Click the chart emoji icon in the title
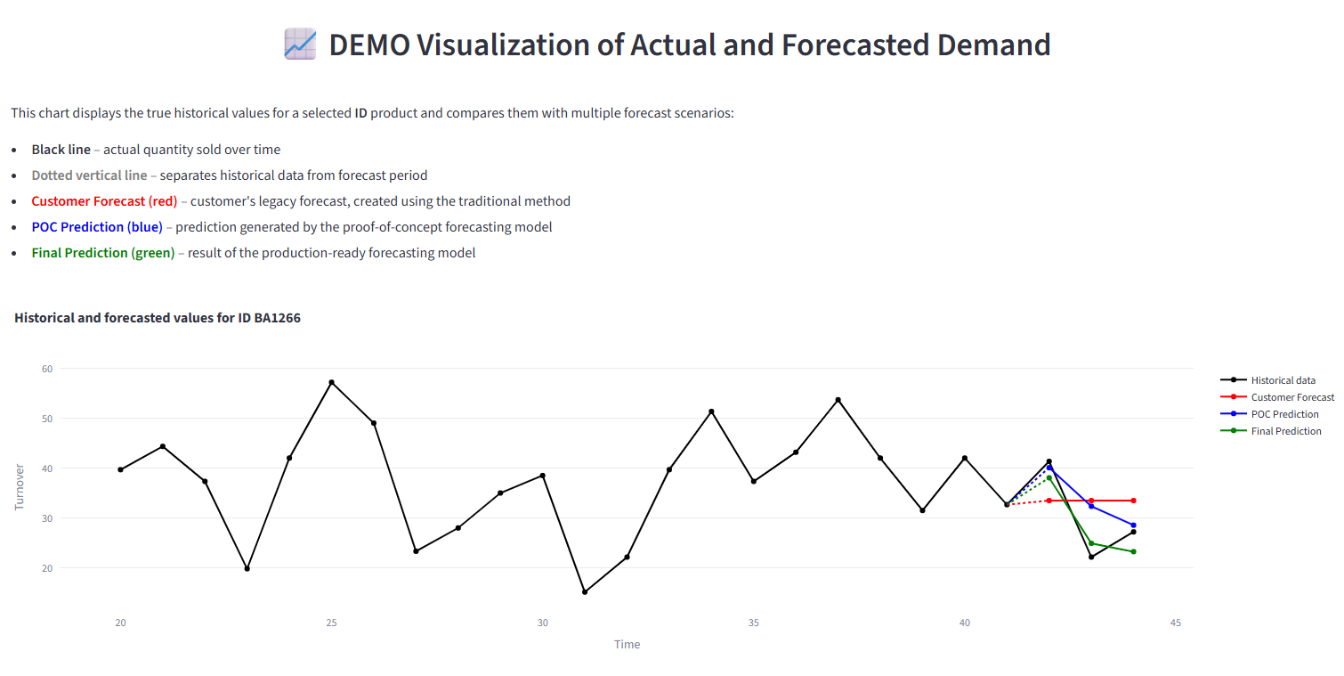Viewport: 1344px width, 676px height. [x=300, y=44]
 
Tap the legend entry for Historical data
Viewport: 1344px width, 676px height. [x=1283, y=380]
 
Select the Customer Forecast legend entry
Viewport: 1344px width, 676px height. [x=1292, y=397]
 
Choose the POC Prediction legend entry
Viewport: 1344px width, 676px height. [x=1284, y=414]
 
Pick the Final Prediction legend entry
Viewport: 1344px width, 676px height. [x=1285, y=431]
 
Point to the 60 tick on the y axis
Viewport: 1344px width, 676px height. [x=47, y=369]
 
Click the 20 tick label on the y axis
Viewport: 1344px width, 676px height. [x=47, y=568]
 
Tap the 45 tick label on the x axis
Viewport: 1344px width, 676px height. [x=1176, y=623]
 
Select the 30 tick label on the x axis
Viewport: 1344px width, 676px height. [x=542, y=623]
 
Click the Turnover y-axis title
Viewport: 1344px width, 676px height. [x=20, y=486]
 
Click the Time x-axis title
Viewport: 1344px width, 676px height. [x=627, y=644]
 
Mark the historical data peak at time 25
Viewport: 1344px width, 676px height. [x=331, y=382]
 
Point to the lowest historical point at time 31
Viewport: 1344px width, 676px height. [x=585, y=592]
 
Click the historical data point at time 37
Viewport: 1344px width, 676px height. [x=838, y=400]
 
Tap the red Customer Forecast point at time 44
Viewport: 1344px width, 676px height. [x=1133, y=501]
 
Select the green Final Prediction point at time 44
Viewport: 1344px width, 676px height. [x=1133, y=552]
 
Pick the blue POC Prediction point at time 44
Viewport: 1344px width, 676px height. [x=1133, y=525]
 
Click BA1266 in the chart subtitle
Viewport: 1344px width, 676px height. [x=277, y=318]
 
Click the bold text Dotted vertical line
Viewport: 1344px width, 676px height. [x=89, y=175]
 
